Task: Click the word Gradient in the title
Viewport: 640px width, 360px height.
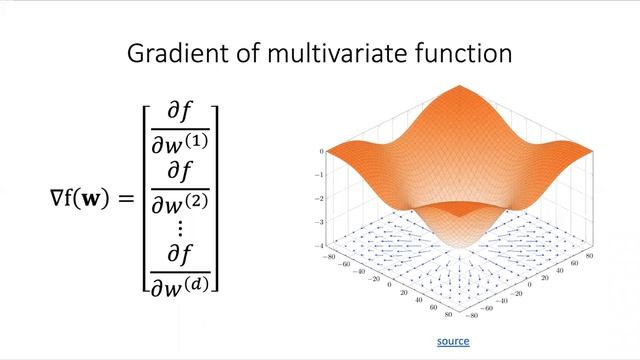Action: click(172, 53)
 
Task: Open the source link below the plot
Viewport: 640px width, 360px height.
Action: click(453, 342)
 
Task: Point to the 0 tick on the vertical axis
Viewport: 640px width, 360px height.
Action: click(322, 151)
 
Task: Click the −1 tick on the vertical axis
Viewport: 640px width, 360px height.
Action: click(322, 175)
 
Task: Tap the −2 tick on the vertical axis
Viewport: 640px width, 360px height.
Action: click(322, 198)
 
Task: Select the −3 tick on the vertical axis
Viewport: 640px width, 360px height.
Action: click(322, 222)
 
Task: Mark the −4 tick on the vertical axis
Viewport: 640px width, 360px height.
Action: click(322, 246)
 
